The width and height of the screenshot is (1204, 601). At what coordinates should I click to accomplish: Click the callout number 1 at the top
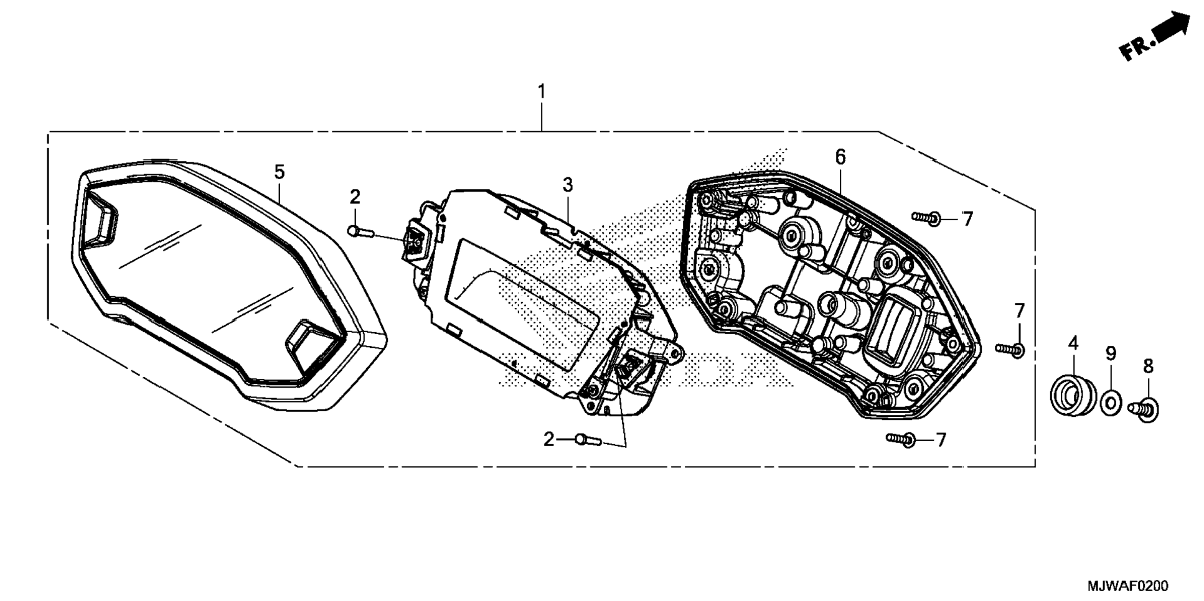pyautogui.click(x=542, y=92)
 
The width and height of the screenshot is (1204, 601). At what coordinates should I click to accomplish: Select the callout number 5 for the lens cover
pyautogui.click(x=280, y=172)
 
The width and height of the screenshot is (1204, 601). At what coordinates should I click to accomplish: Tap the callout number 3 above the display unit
pyautogui.click(x=567, y=185)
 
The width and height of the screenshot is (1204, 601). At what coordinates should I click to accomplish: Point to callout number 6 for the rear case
pyautogui.click(x=840, y=157)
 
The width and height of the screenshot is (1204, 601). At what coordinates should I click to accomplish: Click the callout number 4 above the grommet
pyautogui.click(x=1073, y=343)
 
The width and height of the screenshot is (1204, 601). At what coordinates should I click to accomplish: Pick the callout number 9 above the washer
pyautogui.click(x=1111, y=353)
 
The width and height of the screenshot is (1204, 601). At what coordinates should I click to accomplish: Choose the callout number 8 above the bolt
pyautogui.click(x=1149, y=366)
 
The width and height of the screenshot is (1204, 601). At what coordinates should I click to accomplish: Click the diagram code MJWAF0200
pyautogui.click(x=1127, y=586)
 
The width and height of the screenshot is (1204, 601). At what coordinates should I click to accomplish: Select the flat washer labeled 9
pyautogui.click(x=1111, y=403)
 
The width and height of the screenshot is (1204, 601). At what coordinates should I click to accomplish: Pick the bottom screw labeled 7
pyautogui.click(x=901, y=439)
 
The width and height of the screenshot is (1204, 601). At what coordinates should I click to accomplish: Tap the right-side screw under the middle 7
pyautogui.click(x=1010, y=350)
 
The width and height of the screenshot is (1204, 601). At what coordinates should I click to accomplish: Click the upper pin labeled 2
pyautogui.click(x=360, y=231)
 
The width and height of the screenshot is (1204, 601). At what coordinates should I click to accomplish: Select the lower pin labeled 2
pyautogui.click(x=588, y=440)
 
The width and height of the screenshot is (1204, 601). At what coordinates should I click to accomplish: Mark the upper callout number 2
pyautogui.click(x=355, y=197)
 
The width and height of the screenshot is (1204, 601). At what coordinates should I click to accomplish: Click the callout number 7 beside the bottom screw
pyautogui.click(x=941, y=440)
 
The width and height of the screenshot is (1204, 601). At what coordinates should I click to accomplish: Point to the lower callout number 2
pyautogui.click(x=548, y=440)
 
